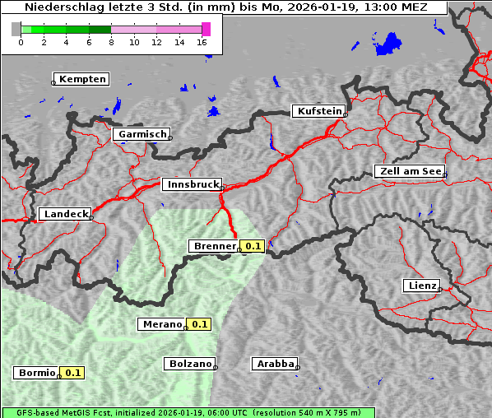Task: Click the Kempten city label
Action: click(82, 79)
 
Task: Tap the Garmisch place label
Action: click(142, 134)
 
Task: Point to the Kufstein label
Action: click(319, 111)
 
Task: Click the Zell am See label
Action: click(410, 171)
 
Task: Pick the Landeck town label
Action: click(65, 214)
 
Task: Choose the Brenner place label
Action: click(214, 246)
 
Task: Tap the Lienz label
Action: click(421, 286)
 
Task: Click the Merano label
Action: click(161, 324)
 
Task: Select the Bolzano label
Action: click(190, 363)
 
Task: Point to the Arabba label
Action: click(274, 363)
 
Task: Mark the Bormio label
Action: click(37, 373)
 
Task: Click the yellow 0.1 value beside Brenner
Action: click(252, 246)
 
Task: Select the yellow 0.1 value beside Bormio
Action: click(73, 373)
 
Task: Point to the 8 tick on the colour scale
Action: click(111, 42)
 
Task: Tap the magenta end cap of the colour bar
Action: click(206, 29)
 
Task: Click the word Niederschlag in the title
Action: click(63, 7)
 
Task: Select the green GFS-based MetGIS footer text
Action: click(188, 412)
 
